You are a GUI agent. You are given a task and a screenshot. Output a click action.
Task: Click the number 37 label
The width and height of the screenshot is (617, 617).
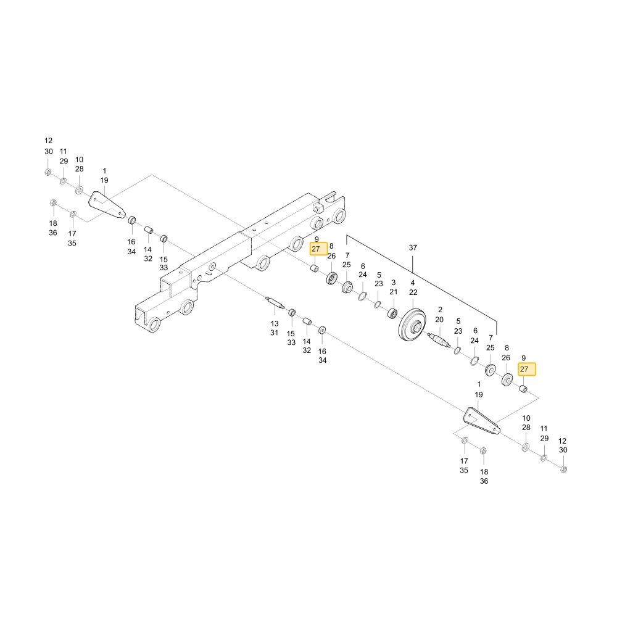[412, 247]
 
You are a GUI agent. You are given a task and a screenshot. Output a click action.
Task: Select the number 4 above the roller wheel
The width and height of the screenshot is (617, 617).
[412, 283]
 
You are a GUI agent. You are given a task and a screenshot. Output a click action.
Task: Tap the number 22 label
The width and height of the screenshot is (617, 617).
[413, 292]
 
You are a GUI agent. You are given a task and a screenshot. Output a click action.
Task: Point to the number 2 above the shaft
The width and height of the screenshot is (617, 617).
[440, 310]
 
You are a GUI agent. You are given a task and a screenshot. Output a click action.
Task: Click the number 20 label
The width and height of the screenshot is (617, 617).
[439, 320]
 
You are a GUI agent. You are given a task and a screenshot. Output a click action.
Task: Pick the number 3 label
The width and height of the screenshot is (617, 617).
[394, 283]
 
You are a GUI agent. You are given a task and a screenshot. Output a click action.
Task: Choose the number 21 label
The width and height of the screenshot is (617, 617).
[394, 292]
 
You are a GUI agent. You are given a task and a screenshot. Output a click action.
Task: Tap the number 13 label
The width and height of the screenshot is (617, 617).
[275, 323]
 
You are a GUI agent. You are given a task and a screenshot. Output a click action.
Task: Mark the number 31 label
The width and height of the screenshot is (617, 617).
[275, 333]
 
